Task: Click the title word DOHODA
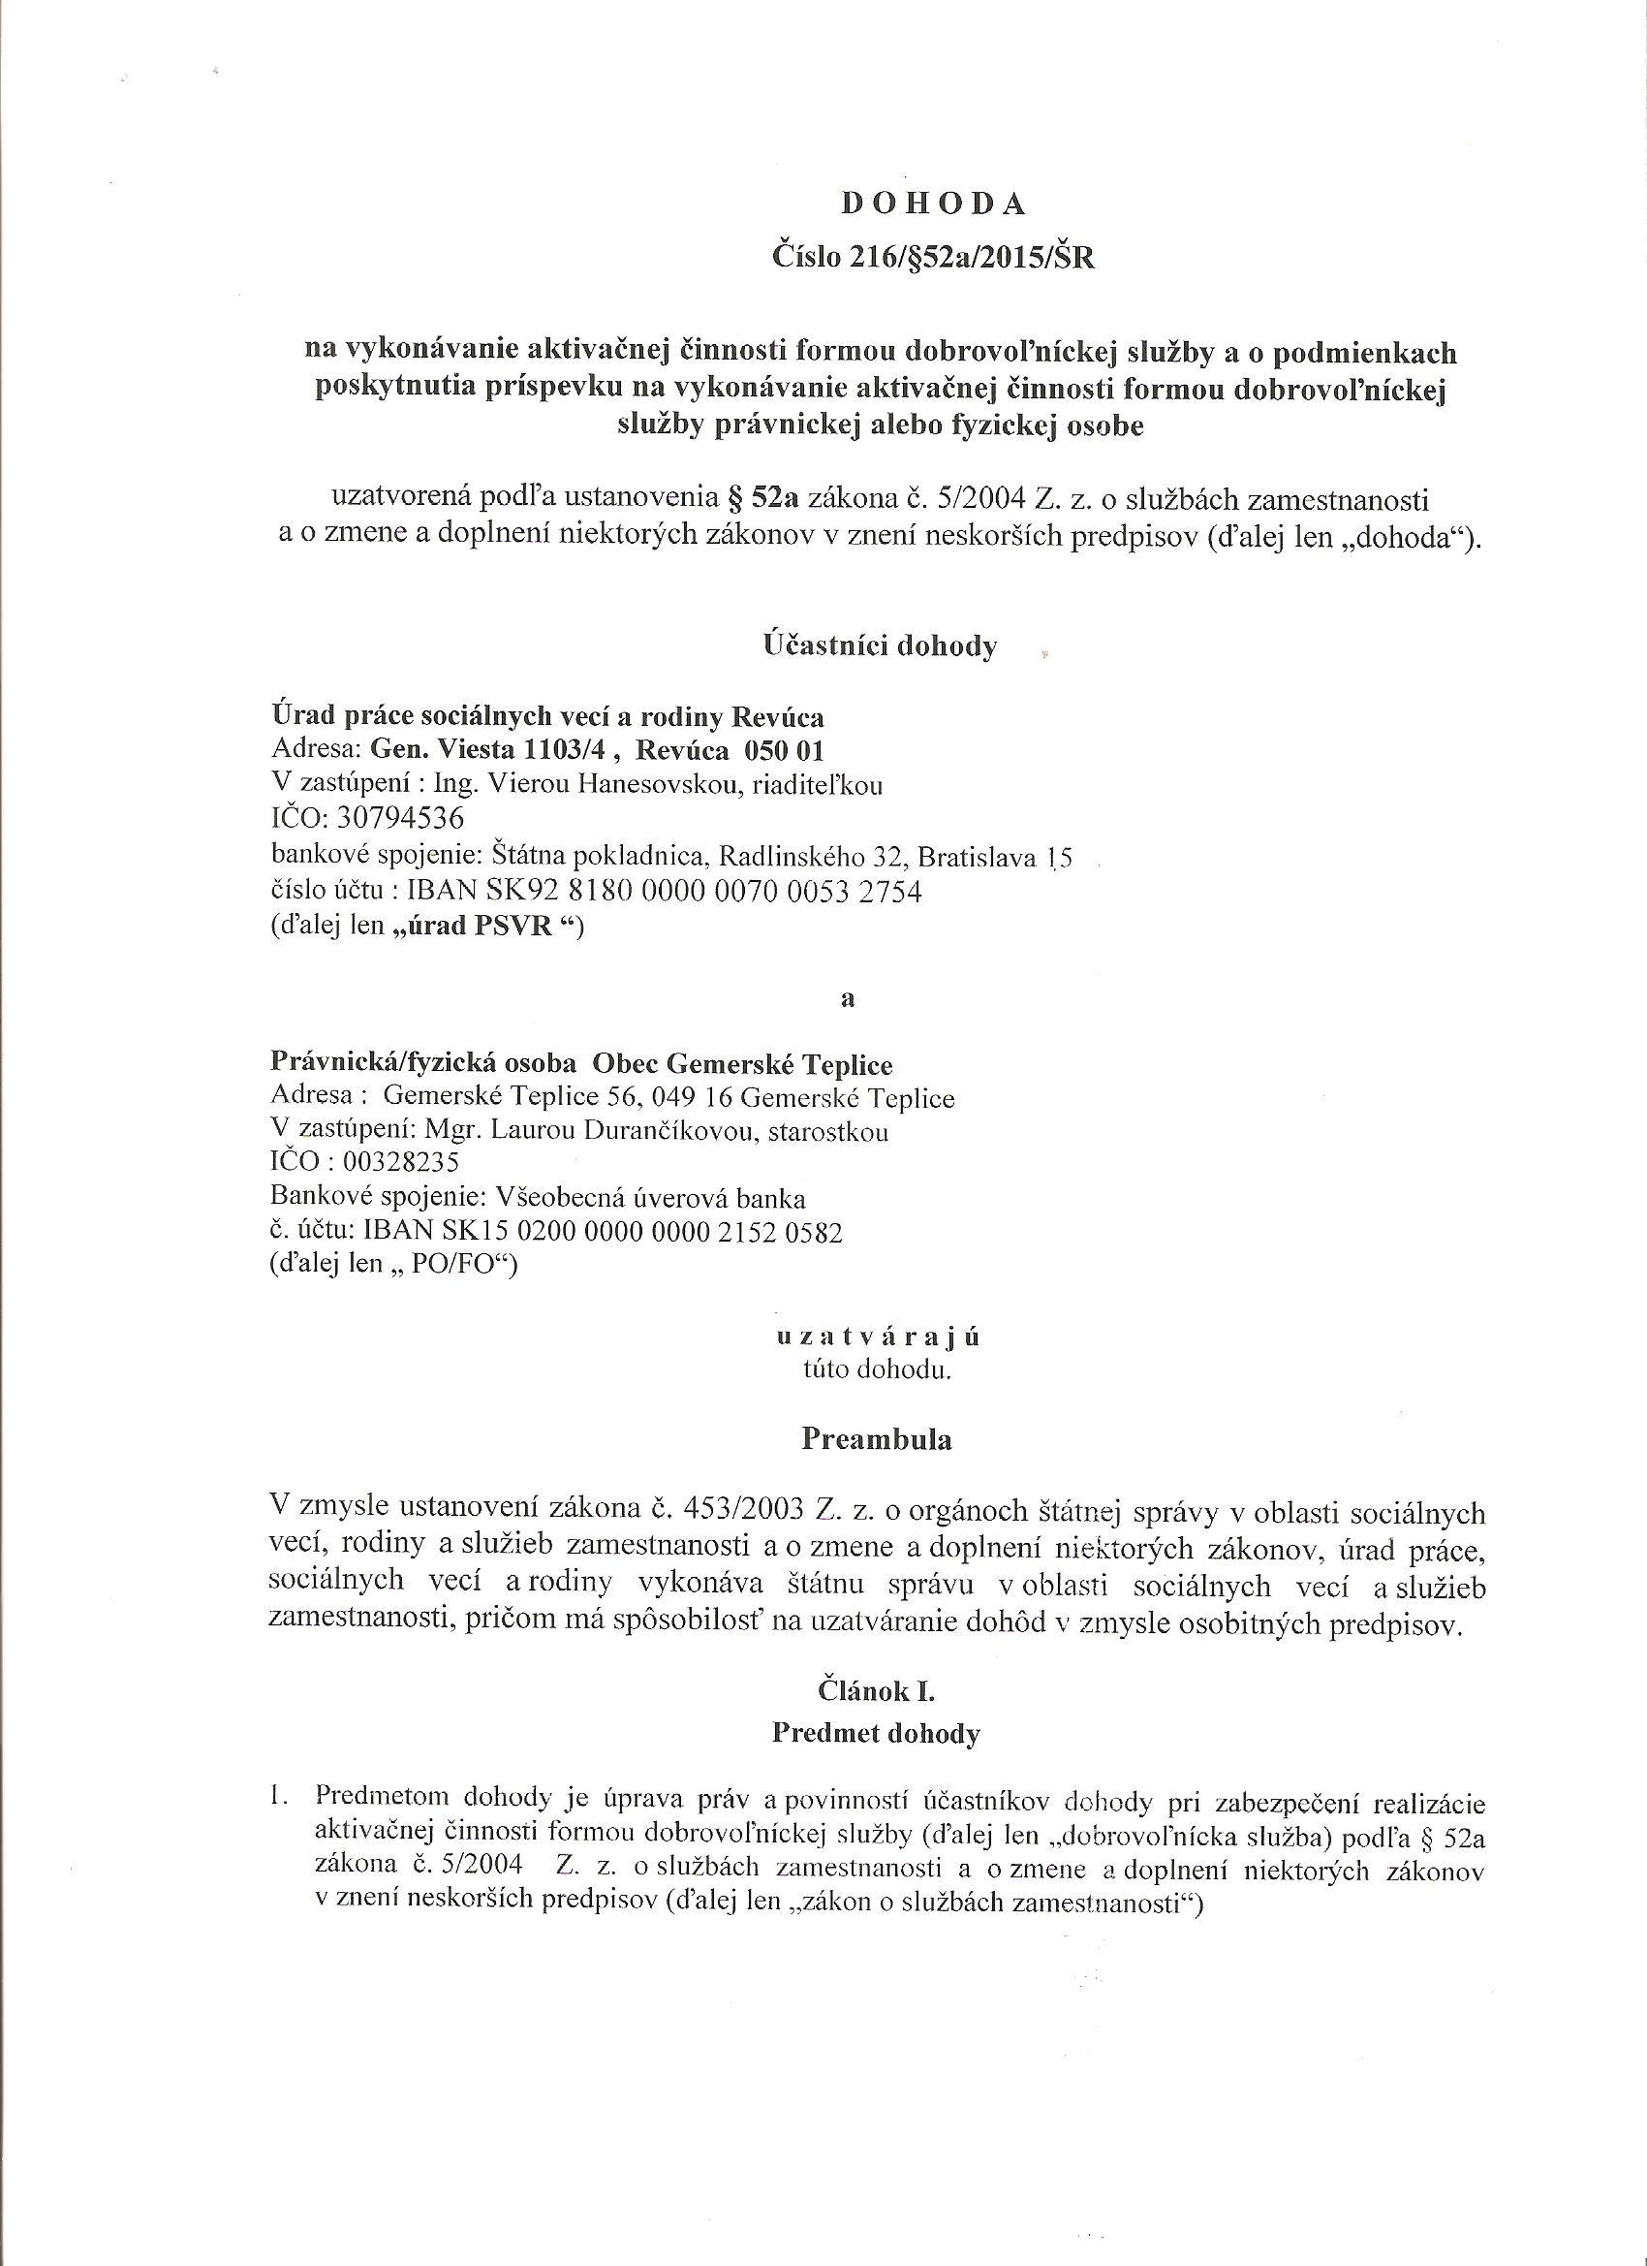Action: click(934, 204)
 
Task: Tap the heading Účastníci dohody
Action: click(880, 645)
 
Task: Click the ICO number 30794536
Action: click(401, 819)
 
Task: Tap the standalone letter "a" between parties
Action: click(849, 998)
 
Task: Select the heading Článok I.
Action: click(876, 1690)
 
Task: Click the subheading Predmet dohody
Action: click(876, 1734)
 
